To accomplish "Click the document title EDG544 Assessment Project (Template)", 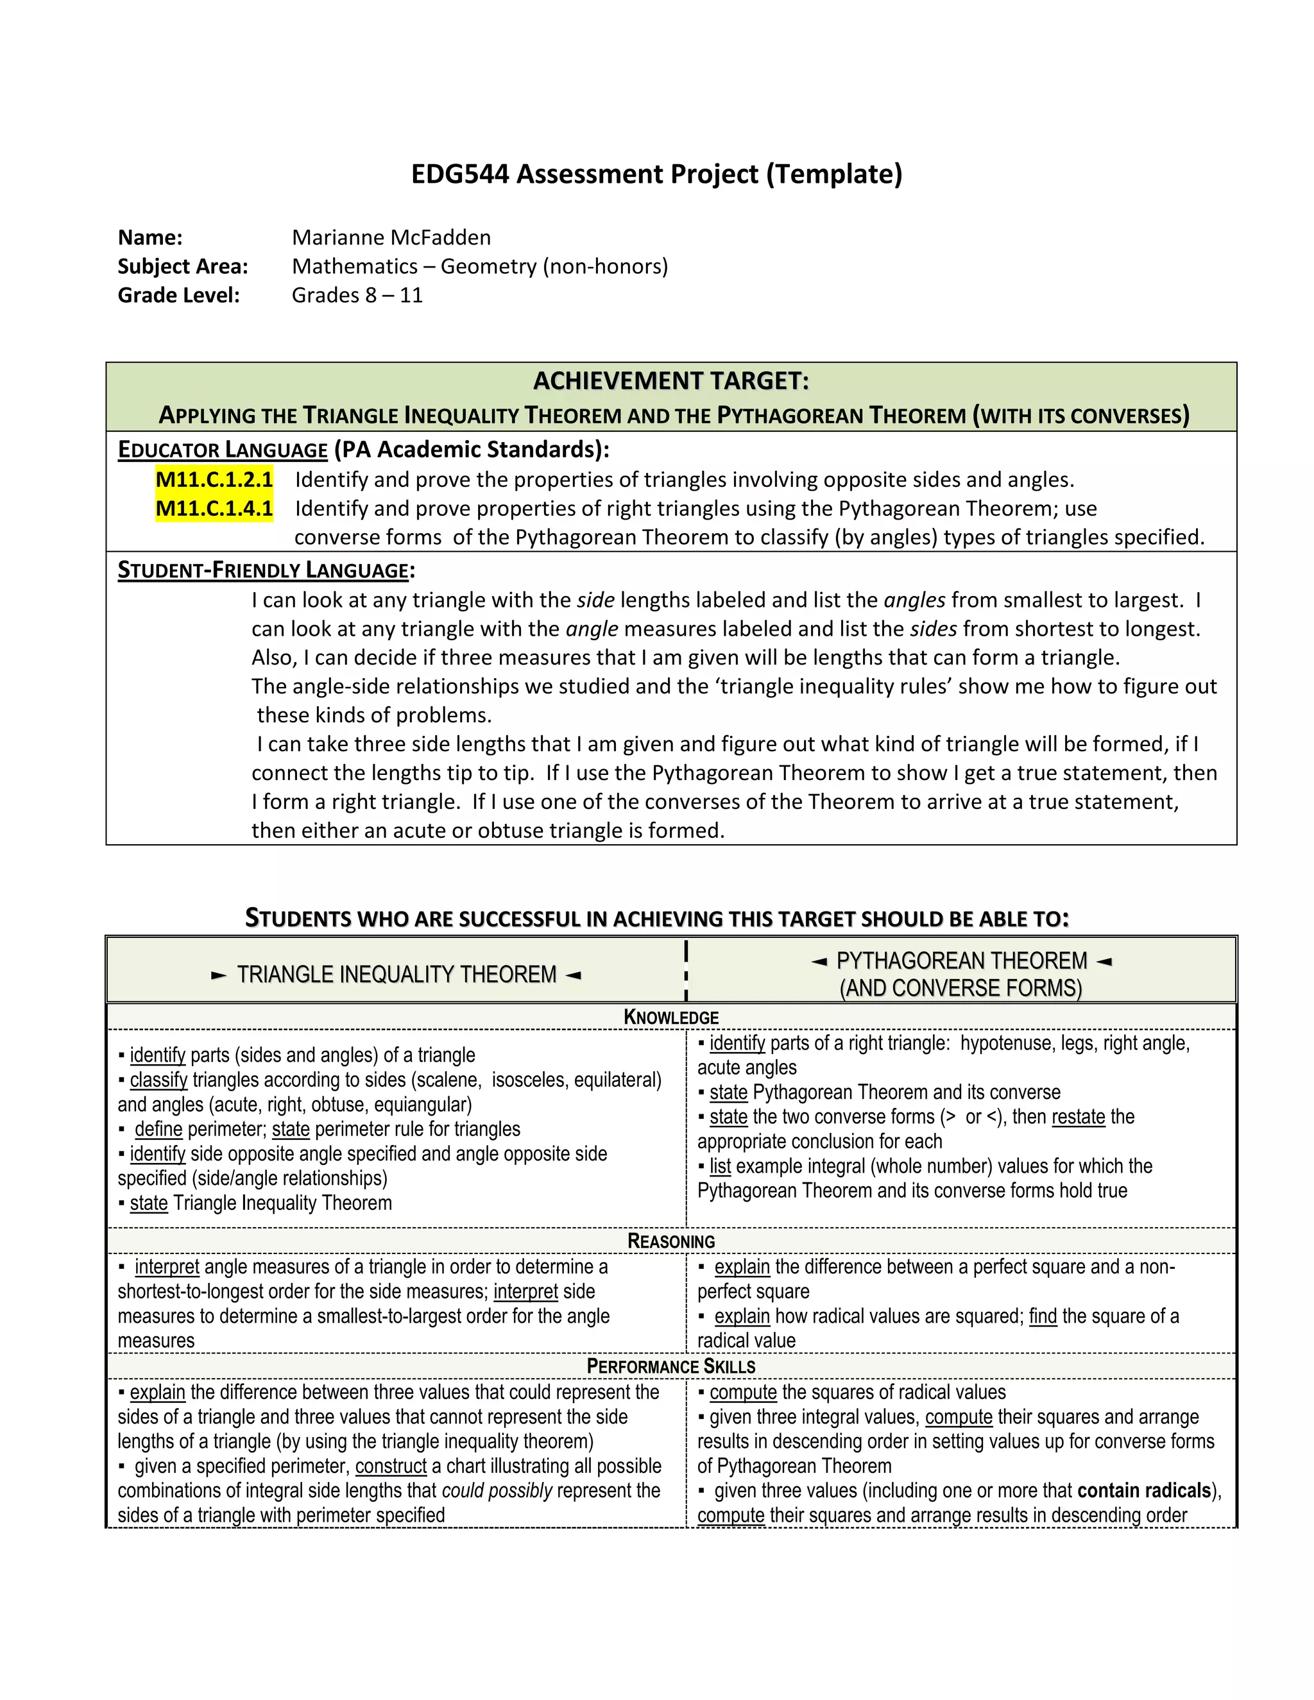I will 656,174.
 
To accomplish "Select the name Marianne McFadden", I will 391,237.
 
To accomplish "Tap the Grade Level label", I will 178,295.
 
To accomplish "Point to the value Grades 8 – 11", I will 357,295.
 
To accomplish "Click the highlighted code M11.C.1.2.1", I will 214,479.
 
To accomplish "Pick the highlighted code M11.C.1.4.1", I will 214,508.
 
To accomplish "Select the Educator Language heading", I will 223,450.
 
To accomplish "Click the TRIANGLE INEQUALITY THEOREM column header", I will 397,974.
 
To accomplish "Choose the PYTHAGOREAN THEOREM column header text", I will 961,962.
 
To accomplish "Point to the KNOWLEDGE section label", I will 671,1017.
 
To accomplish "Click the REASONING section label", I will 671,1241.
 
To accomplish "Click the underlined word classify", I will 159,1080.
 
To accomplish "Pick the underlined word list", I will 720,1166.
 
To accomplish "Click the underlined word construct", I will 391,1466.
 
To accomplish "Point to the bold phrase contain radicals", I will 1143,1491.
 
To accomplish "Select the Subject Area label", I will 182,266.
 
